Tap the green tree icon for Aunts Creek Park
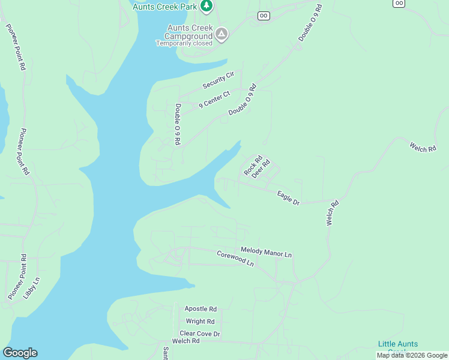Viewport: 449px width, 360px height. pos(206,5)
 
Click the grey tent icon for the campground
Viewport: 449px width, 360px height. pos(221,34)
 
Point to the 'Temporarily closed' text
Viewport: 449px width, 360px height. pos(184,43)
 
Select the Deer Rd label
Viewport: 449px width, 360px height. pos(261,169)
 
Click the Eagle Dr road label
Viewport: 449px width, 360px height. pos(288,198)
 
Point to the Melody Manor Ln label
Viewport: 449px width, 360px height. pos(266,252)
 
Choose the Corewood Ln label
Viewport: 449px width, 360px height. pos(235,259)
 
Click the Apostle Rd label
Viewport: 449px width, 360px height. pos(200,308)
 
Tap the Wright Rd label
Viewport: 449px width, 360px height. pos(200,321)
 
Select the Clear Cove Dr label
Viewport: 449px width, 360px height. pos(200,333)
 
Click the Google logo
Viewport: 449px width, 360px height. pos(20,353)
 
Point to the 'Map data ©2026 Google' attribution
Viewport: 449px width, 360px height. pos(412,355)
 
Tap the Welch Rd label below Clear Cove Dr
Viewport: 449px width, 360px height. pos(185,341)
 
